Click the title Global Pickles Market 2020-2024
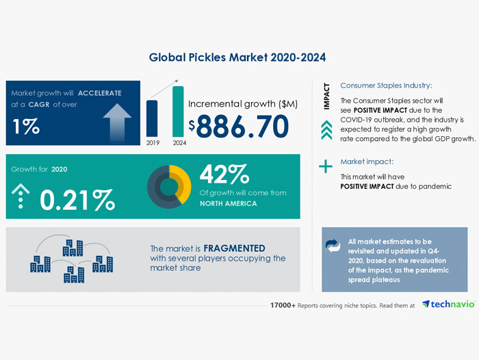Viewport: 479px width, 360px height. [x=237, y=57]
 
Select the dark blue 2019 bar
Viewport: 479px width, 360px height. [x=152, y=118]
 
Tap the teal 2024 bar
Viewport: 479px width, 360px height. [x=178, y=112]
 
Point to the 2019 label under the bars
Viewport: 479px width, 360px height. [x=153, y=143]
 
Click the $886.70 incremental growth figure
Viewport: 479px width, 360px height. [x=239, y=126]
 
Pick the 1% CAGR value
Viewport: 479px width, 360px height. [x=26, y=126]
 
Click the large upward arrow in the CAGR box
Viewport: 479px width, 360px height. [x=117, y=123]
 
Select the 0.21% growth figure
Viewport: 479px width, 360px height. [x=77, y=200]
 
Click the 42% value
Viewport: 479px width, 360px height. [x=224, y=175]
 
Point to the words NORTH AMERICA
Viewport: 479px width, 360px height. [x=228, y=203]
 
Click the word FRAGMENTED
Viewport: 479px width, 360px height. [x=234, y=248]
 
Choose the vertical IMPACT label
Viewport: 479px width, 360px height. [x=326, y=96]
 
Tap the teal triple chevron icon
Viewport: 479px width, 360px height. [x=326, y=130]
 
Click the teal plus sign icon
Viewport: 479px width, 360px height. [x=326, y=166]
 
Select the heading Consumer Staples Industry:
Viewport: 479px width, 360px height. [x=386, y=86]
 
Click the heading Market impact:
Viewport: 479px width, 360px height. [x=367, y=162]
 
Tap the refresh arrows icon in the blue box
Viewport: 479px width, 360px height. [x=333, y=246]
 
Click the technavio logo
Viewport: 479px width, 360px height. [x=448, y=304]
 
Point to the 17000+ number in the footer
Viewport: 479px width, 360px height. [x=283, y=305]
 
